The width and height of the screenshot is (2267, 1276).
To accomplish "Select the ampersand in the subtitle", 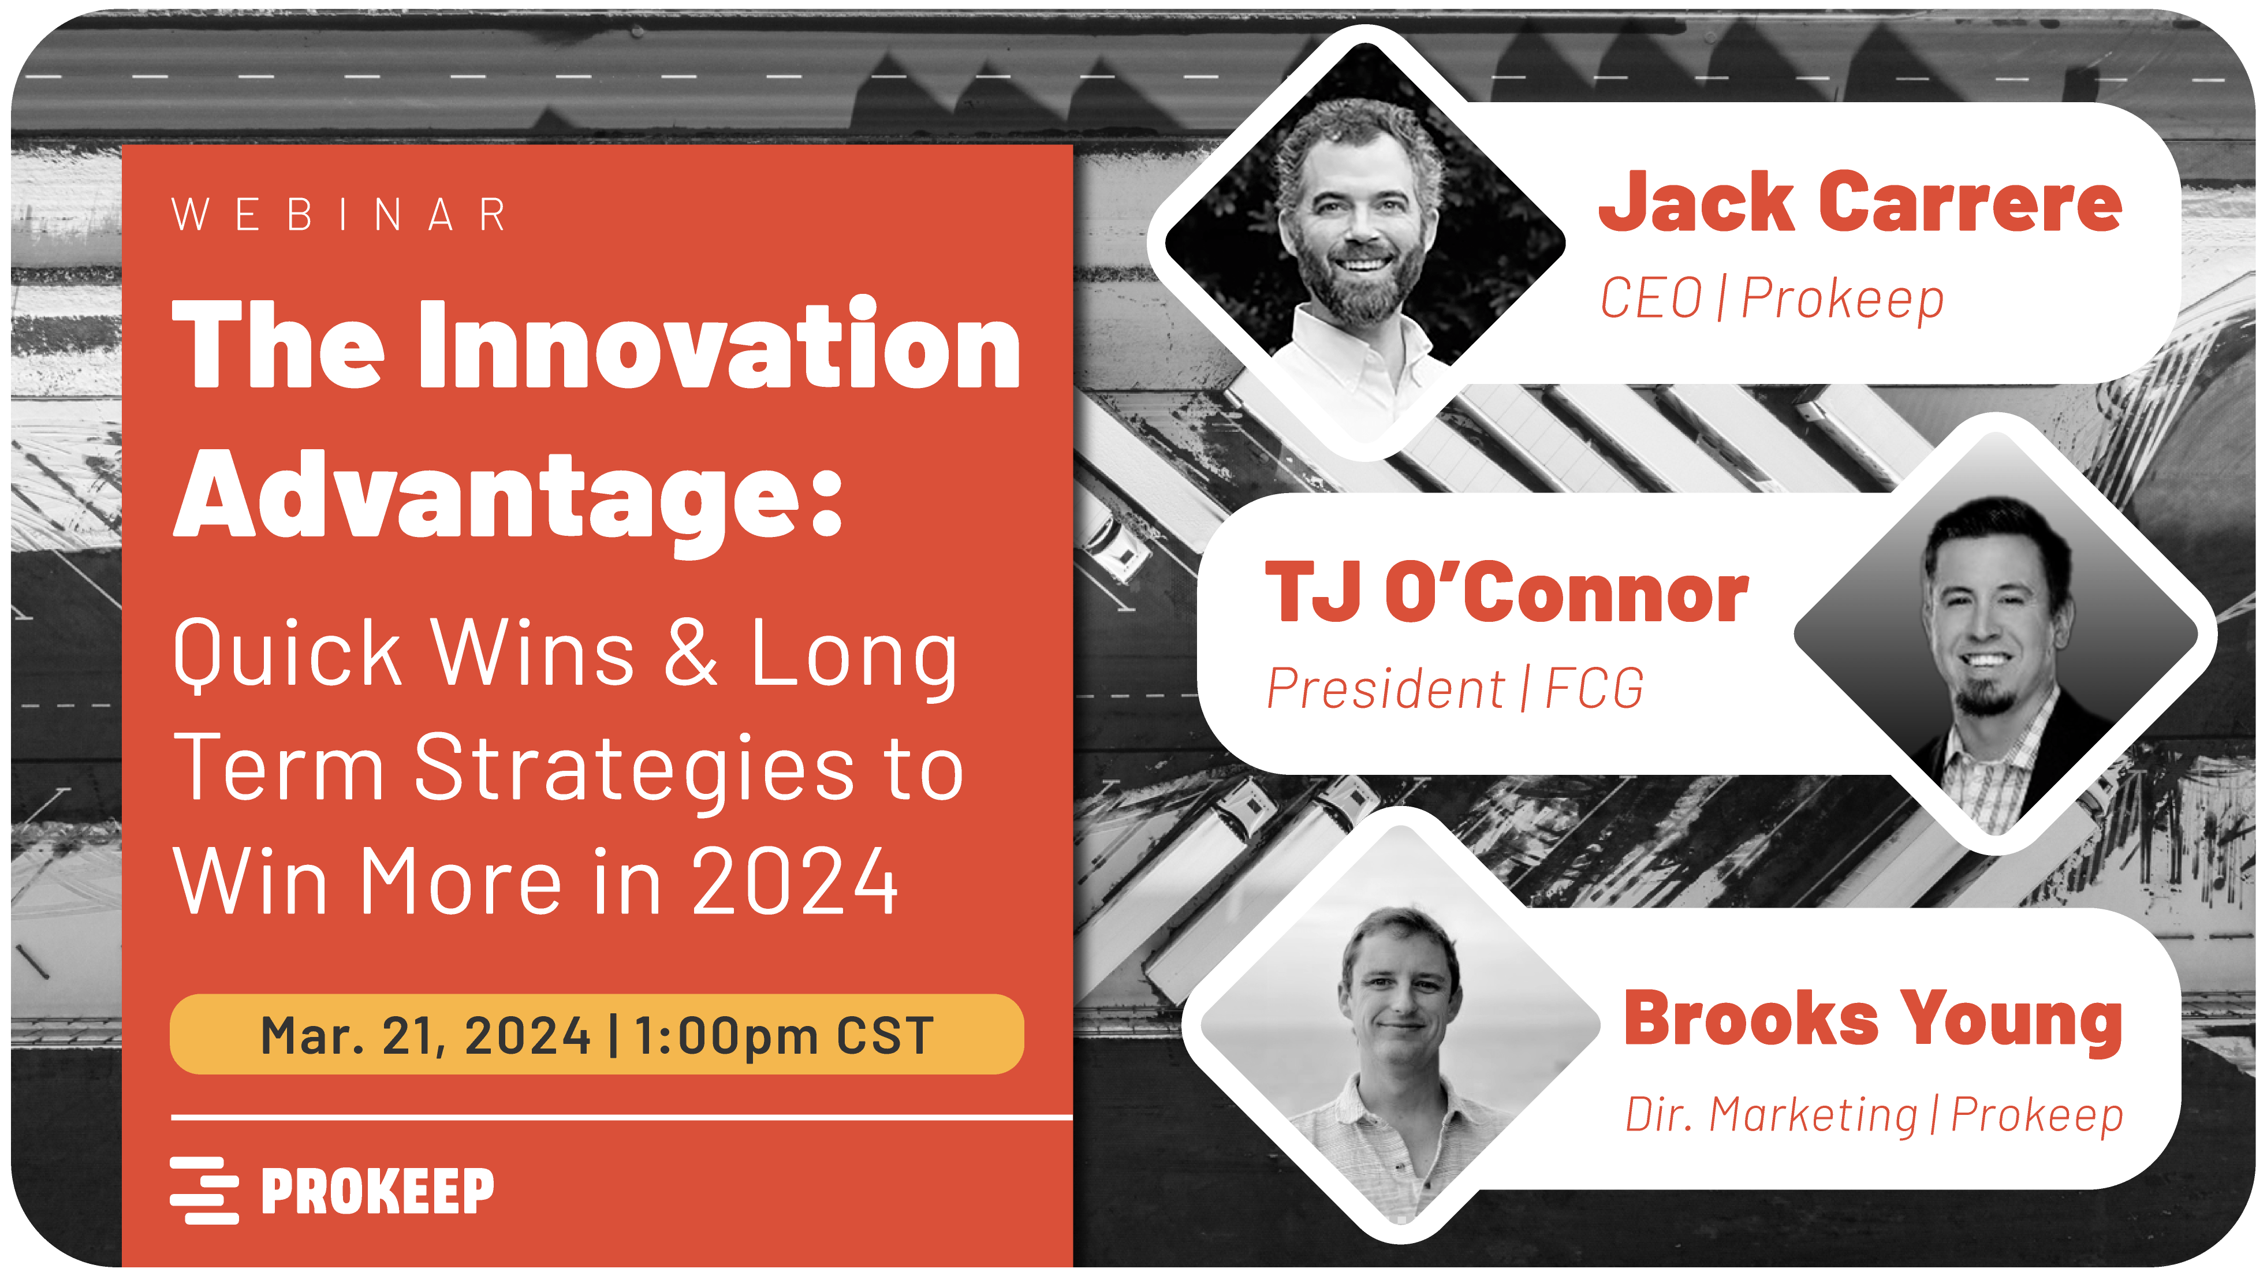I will coord(691,653).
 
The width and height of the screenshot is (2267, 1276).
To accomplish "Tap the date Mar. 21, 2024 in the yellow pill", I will coord(425,1035).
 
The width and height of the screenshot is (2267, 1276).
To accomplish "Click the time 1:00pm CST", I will coord(782,1035).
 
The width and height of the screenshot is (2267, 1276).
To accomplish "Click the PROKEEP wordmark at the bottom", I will coord(378,1191).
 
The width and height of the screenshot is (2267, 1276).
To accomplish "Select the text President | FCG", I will coord(1454,688).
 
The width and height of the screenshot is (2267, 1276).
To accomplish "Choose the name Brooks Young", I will coord(1873,1019).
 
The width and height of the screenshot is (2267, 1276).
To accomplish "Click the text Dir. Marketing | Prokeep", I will coord(1873,1115).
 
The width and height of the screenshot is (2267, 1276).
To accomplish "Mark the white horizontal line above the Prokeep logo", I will coord(620,1118).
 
